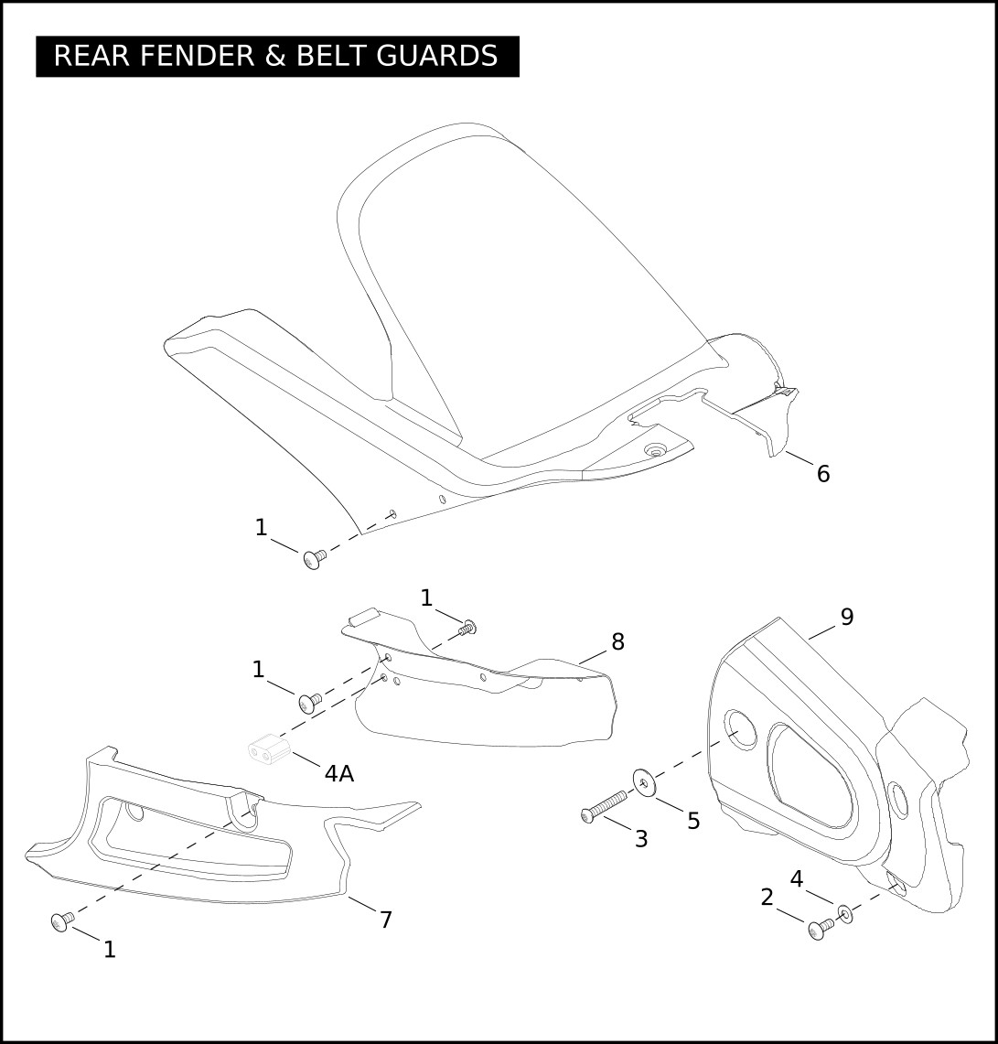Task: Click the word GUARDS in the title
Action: point(437,56)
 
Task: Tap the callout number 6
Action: point(823,474)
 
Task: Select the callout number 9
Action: point(847,618)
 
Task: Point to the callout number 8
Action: point(617,641)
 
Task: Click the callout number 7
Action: point(386,920)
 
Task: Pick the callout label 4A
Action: point(339,774)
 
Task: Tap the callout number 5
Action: point(693,822)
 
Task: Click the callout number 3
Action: point(641,839)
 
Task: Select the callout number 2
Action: point(767,898)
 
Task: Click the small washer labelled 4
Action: point(845,914)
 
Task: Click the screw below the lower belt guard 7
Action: point(62,920)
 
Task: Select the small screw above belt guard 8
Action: point(467,626)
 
